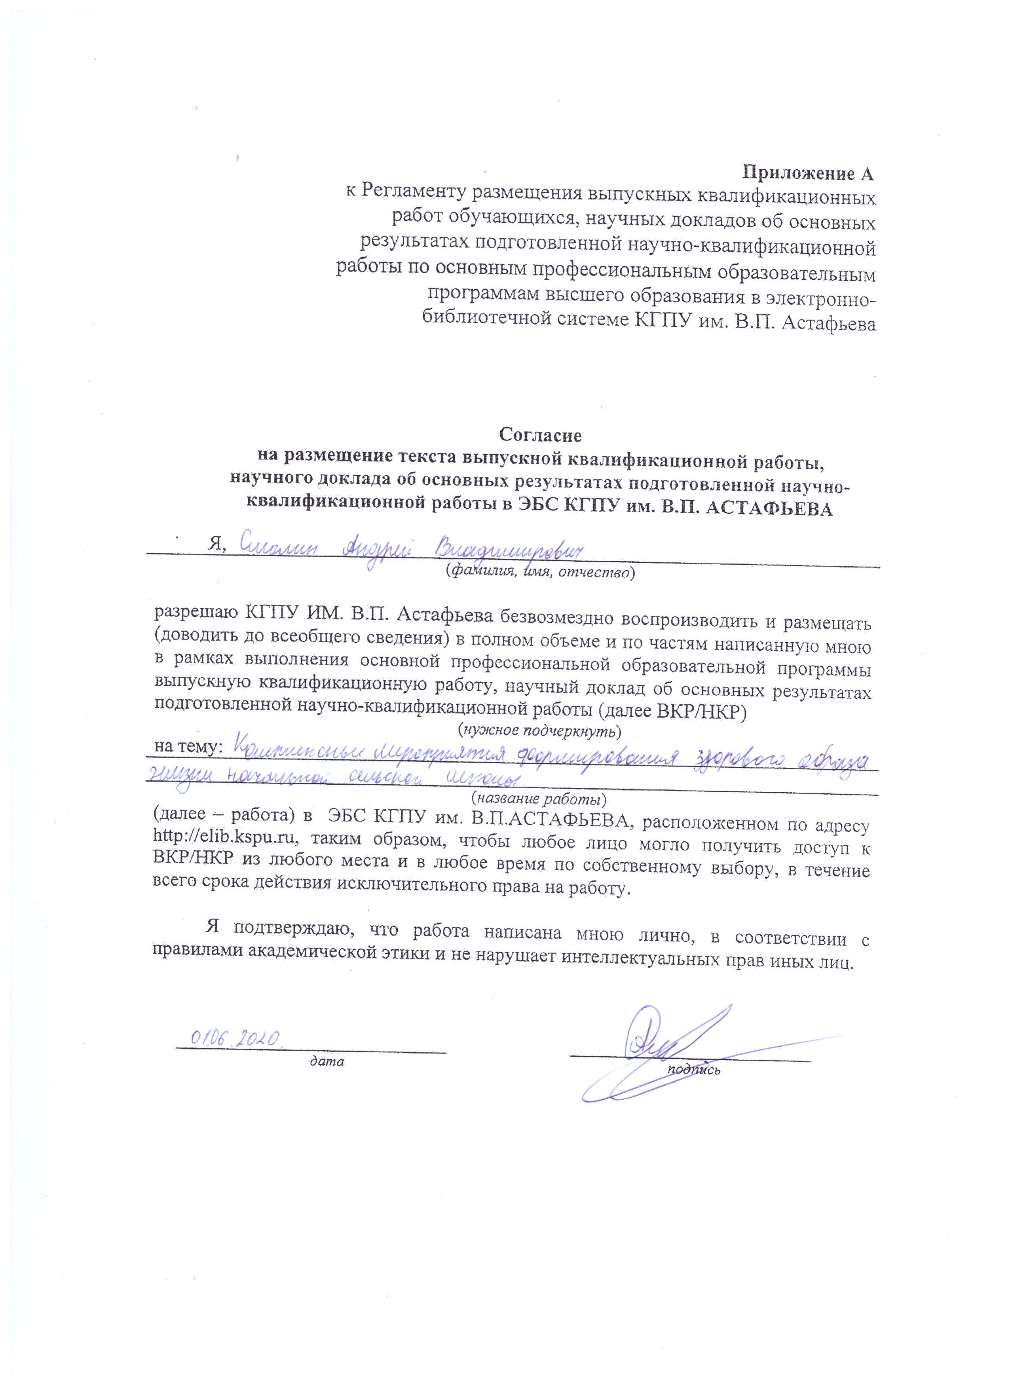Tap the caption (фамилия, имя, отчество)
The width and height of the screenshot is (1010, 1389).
pyautogui.click(x=539, y=573)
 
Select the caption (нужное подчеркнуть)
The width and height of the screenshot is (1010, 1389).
pyautogui.click(x=539, y=730)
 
